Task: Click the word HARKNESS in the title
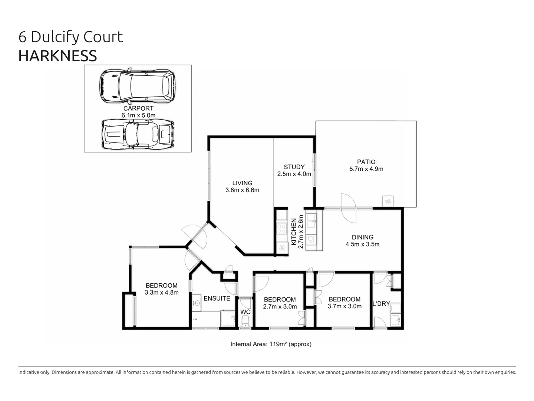click(57, 56)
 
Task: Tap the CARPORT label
click(138, 108)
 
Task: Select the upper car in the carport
click(137, 86)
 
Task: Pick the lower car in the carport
click(138, 134)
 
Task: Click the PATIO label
click(366, 162)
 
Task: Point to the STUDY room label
click(294, 167)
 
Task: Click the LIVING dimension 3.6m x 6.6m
click(242, 190)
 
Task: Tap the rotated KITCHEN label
click(294, 232)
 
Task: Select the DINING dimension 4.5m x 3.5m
click(362, 244)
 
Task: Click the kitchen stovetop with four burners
click(281, 228)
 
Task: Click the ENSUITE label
click(217, 299)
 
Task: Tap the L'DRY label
click(381, 304)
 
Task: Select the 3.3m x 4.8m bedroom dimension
click(161, 293)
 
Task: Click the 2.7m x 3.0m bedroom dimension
click(280, 307)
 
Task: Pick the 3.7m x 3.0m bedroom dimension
click(344, 306)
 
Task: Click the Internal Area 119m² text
click(271, 344)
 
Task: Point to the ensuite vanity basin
click(197, 303)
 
